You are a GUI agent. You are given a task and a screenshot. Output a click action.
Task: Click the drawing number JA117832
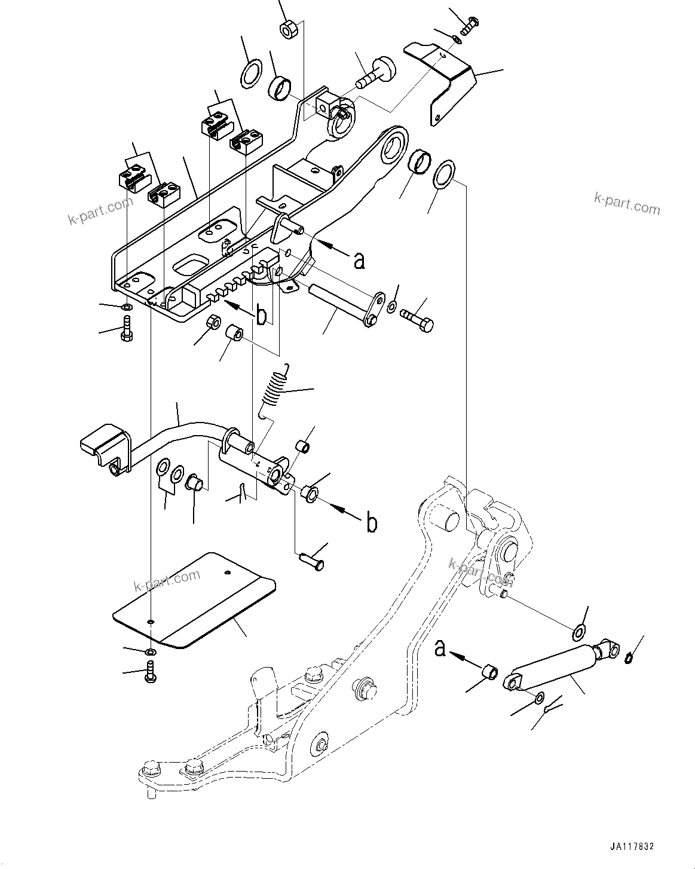point(632,847)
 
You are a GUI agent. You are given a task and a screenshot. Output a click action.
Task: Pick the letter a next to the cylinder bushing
point(440,648)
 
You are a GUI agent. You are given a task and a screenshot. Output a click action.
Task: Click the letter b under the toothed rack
point(261,317)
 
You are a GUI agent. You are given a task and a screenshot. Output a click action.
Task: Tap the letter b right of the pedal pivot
point(371,523)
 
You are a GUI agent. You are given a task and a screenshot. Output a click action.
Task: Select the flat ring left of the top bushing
point(251,73)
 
